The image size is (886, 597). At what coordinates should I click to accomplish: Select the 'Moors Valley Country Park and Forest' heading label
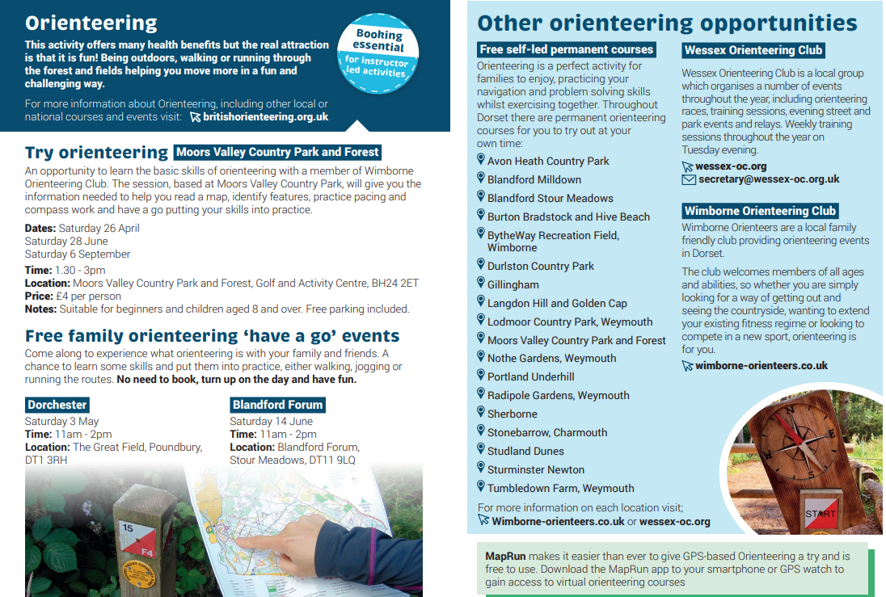click(x=277, y=152)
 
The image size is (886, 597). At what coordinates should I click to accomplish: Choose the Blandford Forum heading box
click(x=277, y=405)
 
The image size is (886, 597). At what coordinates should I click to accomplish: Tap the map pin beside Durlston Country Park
click(x=481, y=265)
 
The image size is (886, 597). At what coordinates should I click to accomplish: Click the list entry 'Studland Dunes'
click(x=525, y=451)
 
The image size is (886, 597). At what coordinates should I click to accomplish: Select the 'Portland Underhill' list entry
click(x=530, y=376)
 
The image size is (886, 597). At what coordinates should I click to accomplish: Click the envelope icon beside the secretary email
click(x=688, y=179)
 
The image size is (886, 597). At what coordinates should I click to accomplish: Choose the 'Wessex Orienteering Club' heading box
click(x=753, y=50)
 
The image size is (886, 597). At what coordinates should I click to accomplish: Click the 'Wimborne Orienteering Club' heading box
click(x=760, y=211)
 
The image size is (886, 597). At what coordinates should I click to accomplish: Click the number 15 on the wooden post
click(x=127, y=528)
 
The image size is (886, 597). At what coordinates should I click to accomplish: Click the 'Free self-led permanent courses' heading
click(x=566, y=50)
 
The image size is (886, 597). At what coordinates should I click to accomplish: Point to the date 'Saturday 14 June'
click(x=271, y=421)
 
